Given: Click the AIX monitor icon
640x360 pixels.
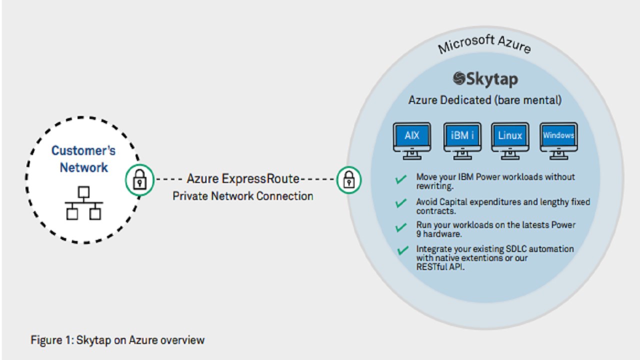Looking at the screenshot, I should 411,139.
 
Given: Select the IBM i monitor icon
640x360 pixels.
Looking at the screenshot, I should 462,139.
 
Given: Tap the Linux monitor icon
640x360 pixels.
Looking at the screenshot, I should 510,139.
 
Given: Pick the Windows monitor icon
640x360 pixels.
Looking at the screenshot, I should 558,139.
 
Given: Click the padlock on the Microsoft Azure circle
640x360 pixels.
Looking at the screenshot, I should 348,179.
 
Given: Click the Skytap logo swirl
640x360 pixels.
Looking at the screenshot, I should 459,78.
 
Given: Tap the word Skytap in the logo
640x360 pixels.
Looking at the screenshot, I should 492,79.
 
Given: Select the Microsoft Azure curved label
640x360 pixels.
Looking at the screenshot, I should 483,44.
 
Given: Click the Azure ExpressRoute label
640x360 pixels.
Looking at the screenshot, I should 243,178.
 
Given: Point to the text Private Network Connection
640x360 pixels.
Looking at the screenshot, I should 243,196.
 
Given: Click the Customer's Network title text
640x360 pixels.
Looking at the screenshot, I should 83,158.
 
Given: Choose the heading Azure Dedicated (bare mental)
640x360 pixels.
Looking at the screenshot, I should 485,100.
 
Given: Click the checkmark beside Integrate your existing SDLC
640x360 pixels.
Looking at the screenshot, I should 401,250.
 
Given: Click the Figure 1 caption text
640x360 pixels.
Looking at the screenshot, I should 117,340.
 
